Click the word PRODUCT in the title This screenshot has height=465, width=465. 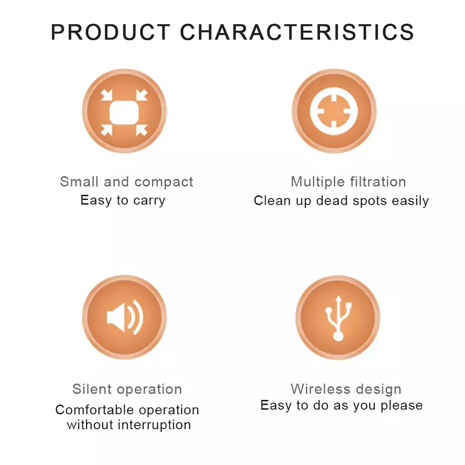coord(110,32)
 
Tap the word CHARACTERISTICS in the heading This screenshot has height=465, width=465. coord(297,32)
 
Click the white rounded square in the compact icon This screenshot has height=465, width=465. coord(124,113)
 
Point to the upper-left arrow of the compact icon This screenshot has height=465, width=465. coord(106,95)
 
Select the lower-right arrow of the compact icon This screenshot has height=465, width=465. coord(142,130)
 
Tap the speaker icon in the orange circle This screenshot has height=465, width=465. coord(125,317)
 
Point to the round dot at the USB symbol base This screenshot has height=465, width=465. coord(339,336)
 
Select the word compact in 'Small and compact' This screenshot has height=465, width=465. coord(164,182)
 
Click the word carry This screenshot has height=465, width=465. coord(149,201)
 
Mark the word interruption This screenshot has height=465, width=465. coord(154,425)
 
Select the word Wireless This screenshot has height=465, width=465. coord(320,389)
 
